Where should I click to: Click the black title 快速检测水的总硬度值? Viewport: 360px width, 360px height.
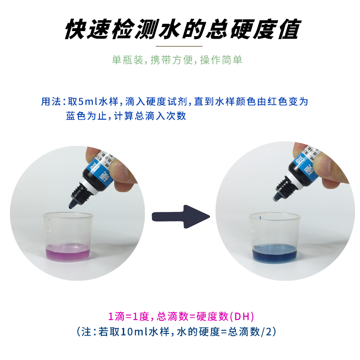[180, 30]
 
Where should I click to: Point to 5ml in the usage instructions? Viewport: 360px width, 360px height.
[90, 102]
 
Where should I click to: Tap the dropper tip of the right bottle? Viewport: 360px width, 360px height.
[277, 198]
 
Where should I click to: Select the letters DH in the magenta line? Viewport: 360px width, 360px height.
[242, 316]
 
